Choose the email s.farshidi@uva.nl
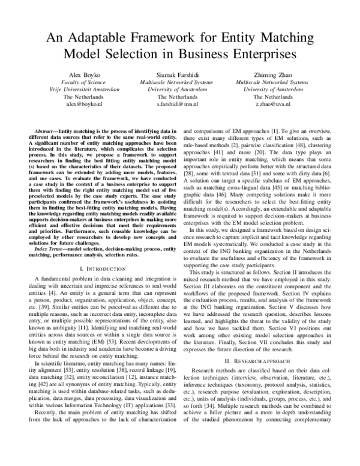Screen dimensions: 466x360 [180, 103]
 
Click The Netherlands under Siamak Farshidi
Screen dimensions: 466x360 [180, 96]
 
